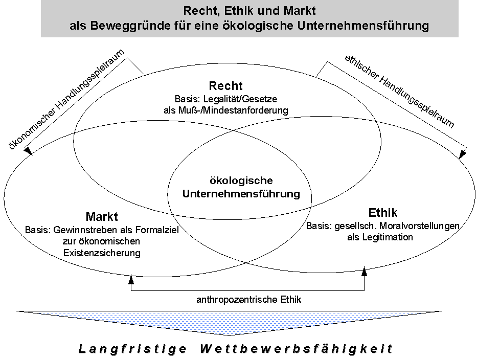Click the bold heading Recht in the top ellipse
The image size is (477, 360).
(226, 86)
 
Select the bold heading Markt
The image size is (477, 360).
(102, 217)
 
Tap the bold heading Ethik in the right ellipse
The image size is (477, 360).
(383, 212)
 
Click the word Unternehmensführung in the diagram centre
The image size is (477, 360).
(241, 194)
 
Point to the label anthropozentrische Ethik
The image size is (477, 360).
(249, 300)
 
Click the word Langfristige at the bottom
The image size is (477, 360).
(132, 348)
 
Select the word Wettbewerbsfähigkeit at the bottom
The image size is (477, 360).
(297, 348)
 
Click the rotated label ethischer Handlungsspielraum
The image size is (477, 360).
(399, 92)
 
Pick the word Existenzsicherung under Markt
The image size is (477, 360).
(102, 253)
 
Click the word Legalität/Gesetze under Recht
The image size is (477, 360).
(240, 99)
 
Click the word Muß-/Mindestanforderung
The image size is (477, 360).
(233, 110)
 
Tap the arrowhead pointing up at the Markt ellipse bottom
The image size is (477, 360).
(131, 279)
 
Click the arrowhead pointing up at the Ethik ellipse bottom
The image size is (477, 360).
(364, 271)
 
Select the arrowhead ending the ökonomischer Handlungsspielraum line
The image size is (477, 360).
(28, 151)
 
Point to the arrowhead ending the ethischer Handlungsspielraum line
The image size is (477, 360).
(462, 154)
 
